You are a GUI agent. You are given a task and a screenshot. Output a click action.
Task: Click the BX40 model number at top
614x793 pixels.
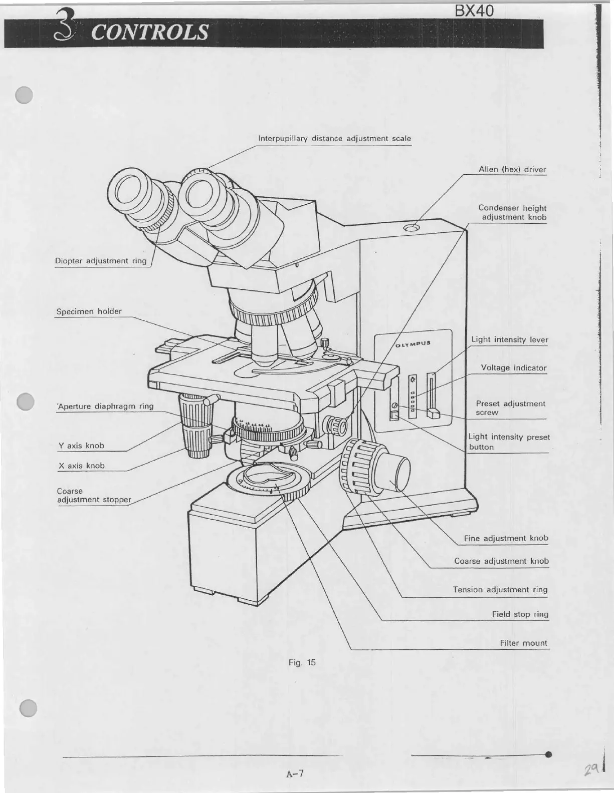pyautogui.click(x=474, y=11)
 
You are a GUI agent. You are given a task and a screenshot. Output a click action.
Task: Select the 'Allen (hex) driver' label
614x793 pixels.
pyautogui.click(x=512, y=170)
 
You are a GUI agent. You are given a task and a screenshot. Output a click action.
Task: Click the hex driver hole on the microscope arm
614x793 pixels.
pyautogui.click(x=412, y=228)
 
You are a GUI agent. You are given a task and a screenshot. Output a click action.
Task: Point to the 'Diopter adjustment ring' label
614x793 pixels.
pyautogui.click(x=101, y=261)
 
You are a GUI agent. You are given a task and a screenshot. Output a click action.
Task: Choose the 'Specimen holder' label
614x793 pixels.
pyautogui.click(x=89, y=311)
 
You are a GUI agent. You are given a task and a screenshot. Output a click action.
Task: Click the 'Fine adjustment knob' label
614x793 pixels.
pyautogui.click(x=506, y=538)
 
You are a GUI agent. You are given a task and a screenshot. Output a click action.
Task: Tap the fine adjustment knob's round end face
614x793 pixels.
pyautogui.click(x=401, y=472)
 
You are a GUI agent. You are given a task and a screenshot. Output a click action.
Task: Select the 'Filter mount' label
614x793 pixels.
pyautogui.click(x=523, y=643)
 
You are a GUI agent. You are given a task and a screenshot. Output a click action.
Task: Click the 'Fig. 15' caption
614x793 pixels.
pyautogui.click(x=302, y=663)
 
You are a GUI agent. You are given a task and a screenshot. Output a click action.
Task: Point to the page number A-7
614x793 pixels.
pyautogui.click(x=295, y=774)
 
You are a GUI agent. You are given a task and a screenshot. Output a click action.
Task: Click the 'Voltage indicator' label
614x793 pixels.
pyautogui.click(x=513, y=368)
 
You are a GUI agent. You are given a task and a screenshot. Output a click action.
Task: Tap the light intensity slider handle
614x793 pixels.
pyautogui.click(x=433, y=414)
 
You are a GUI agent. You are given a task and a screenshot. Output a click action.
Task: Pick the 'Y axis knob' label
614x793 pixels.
pyautogui.click(x=81, y=446)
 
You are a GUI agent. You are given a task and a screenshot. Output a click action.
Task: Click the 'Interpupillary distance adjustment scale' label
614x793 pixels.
pyautogui.click(x=334, y=139)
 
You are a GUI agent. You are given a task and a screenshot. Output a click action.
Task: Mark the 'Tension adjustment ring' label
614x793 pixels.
pyautogui.click(x=500, y=590)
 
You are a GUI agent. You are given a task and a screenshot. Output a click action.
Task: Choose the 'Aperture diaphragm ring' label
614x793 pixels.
pyautogui.click(x=106, y=407)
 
